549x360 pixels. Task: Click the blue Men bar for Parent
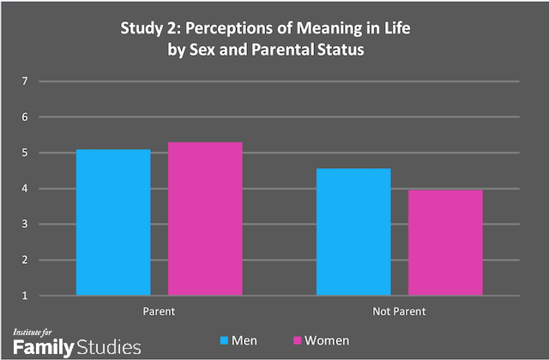pos(113,223)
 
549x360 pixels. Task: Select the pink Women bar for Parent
pos(205,219)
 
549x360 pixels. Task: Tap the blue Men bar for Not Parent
pos(353,232)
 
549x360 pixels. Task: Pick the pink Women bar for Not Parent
pos(445,243)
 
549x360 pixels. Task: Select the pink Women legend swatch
pos(299,340)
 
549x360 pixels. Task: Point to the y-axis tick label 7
pos(25,81)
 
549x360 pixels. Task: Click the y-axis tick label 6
pos(25,117)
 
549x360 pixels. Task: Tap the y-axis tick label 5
pos(25,153)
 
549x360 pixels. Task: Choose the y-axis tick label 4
pos(25,189)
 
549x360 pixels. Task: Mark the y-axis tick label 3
pos(25,225)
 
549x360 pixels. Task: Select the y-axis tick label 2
pos(25,261)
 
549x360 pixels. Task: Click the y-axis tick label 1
pos(25,296)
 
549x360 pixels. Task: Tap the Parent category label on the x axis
pos(159,310)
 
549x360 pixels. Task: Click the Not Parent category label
pos(400,310)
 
